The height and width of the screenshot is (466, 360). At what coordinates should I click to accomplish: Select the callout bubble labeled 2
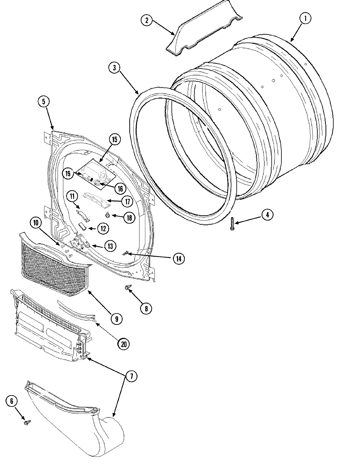[147, 20]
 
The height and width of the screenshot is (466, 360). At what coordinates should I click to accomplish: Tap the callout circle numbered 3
[114, 68]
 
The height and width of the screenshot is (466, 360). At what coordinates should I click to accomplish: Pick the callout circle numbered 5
[44, 102]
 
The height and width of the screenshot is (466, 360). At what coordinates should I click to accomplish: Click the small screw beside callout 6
[27, 422]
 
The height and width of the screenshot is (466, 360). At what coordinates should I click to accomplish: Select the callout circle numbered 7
[131, 376]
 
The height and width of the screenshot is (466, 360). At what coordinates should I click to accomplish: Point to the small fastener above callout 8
[127, 288]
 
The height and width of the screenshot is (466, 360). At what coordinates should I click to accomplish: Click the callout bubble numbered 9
[116, 318]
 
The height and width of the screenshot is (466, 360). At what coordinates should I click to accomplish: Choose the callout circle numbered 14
[179, 259]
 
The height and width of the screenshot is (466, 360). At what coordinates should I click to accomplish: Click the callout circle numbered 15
[115, 139]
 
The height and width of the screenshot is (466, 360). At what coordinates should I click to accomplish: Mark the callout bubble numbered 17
[127, 201]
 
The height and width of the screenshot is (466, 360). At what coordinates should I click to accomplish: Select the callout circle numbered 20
[124, 344]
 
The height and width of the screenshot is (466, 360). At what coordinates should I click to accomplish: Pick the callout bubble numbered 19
[68, 173]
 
